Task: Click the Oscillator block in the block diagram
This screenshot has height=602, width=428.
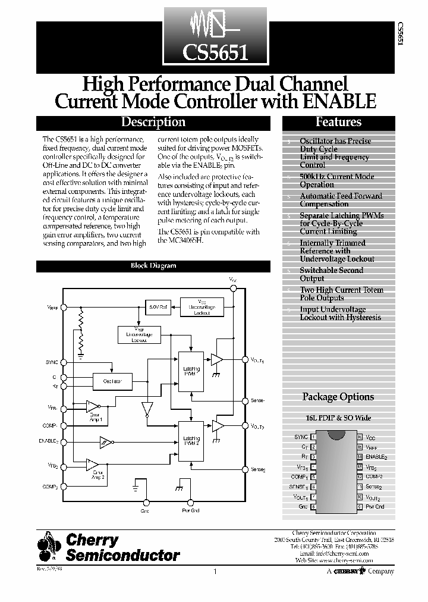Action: click(x=112, y=381)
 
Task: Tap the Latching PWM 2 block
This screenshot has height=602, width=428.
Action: click(x=191, y=440)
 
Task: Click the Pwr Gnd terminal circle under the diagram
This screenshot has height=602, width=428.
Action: click(x=191, y=503)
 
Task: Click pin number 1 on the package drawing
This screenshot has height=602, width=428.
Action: click(x=313, y=437)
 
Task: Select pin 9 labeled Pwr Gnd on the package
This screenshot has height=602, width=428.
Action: click(x=359, y=507)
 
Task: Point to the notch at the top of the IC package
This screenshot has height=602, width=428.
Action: click(x=336, y=437)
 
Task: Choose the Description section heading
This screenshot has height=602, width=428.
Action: click(x=153, y=123)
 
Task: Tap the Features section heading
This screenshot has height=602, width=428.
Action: click(x=338, y=123)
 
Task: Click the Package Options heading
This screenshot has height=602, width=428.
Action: click(x=338, y=397)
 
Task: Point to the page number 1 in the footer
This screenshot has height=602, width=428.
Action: click(x=215, y=572)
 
